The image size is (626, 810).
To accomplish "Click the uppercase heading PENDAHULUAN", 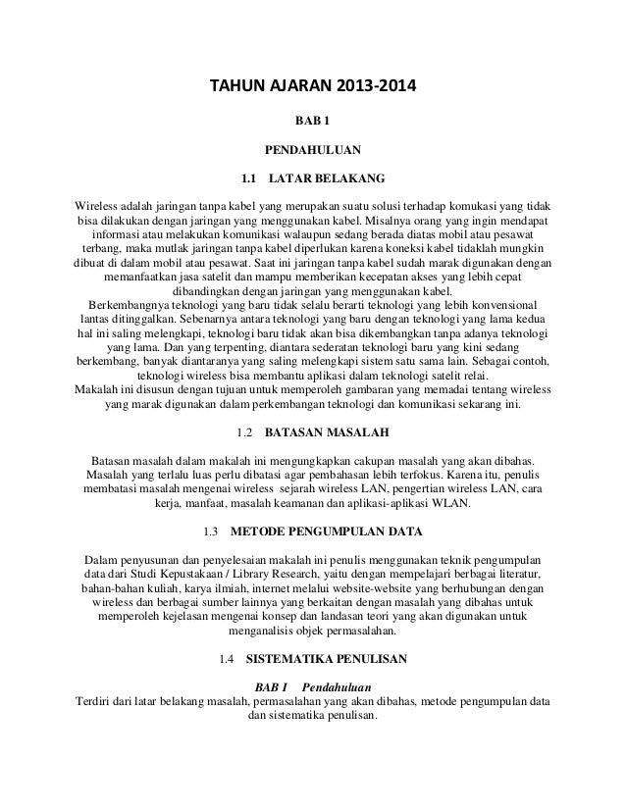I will coord(313,151).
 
